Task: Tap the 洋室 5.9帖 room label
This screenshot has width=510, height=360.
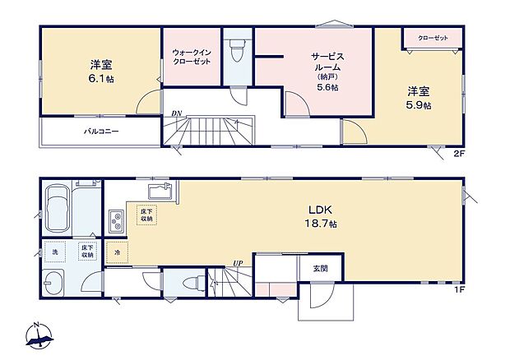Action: coord(418,99)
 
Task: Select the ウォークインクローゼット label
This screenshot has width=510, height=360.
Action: coord(191,58)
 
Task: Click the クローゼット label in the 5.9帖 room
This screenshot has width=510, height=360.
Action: coord(432,38)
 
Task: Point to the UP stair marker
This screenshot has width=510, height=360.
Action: coord(237,263)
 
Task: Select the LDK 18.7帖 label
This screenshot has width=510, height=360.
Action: coord(319,215)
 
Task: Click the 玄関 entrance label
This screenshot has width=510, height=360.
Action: coord(321,269)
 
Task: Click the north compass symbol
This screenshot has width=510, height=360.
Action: coord(39,334)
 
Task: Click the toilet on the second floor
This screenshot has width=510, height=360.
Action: coord(238,51)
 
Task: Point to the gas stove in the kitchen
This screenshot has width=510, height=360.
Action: coord(114,220)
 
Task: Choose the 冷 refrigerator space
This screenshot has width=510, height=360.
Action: coord(117,252)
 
